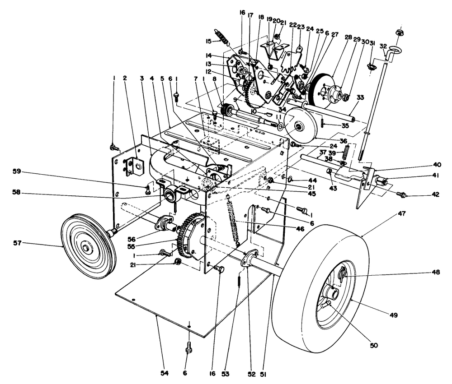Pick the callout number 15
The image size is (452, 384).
208,41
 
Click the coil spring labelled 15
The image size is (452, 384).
221,36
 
